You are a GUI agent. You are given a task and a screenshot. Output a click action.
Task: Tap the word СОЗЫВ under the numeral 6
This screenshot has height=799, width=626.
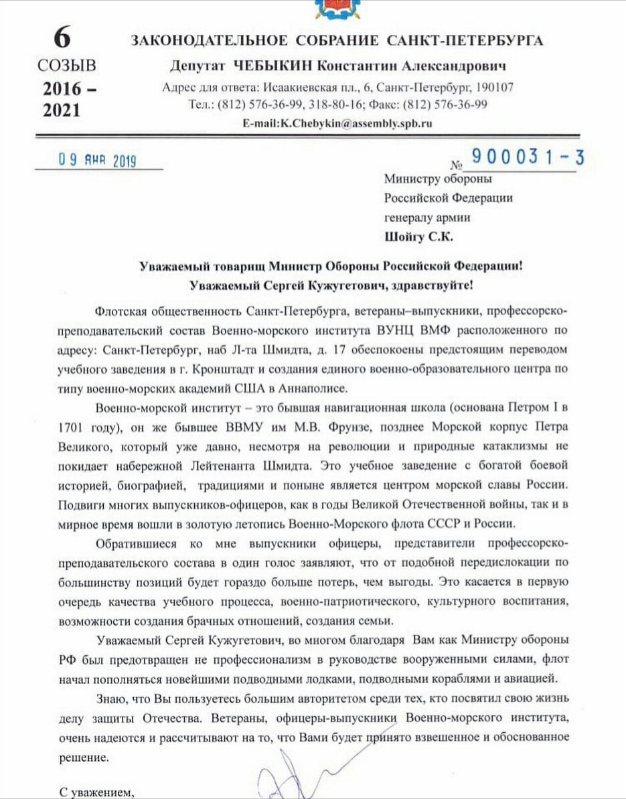(x=67, y=66)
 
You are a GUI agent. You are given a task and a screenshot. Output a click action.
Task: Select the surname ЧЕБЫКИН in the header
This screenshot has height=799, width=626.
(x=272, y=66)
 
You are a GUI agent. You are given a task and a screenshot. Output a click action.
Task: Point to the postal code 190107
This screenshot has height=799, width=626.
(x=492, y=88)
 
